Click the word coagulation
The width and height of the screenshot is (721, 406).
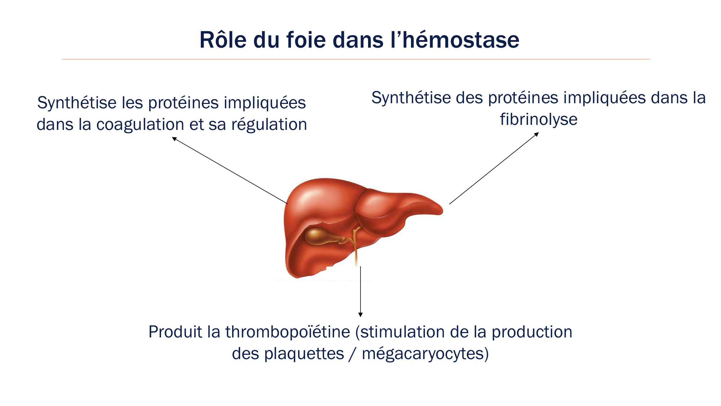tap(140, 125)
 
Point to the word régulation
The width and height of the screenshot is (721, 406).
tap(269, 125)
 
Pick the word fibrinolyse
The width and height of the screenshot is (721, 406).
tap(539, 119)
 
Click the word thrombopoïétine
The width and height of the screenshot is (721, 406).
tap(288, 332)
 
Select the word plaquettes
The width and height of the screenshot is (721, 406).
tap(304, 354)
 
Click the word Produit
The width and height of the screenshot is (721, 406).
tap(173, 332)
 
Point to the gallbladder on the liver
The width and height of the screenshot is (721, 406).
tap(317, 236)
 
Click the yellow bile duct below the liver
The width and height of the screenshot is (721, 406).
tap(356, 253)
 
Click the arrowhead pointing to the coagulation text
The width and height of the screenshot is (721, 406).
tap(174, 139)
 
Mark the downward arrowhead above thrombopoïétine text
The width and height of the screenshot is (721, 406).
tap(360, 315)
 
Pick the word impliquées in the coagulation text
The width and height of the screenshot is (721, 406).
tap(265, 103)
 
